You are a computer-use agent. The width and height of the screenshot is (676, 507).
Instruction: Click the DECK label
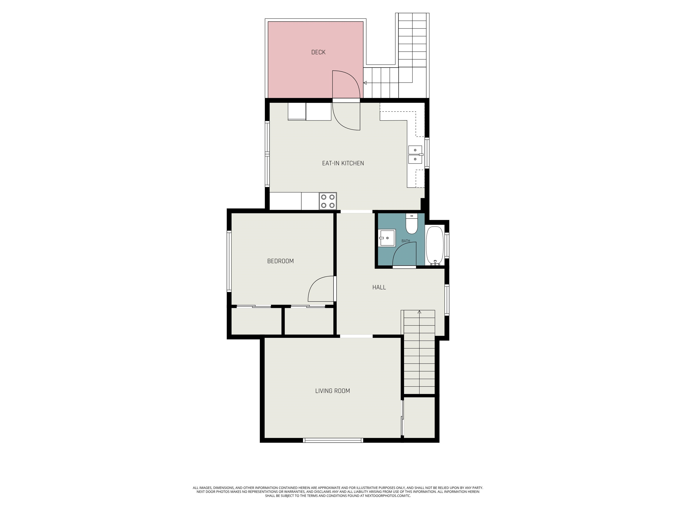coord(318,52)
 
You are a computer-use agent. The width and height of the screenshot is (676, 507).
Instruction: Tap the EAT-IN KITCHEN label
coord(343,163)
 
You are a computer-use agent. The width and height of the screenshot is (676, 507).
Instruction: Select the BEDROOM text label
coord(280,261)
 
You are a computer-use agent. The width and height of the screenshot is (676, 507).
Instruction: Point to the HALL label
coord(379,287)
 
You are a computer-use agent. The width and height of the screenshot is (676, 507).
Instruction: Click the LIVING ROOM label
coord(332,391)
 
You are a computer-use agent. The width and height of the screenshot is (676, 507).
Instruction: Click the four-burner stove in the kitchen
coord(328,201)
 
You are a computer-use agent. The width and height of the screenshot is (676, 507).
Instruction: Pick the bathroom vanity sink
coord(387,237)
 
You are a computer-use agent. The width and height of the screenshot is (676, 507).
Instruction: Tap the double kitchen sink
coord(415,155)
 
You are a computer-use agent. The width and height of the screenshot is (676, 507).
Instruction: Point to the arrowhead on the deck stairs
coord(365,83)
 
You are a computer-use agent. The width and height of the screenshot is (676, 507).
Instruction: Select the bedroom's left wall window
coord(229,261)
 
